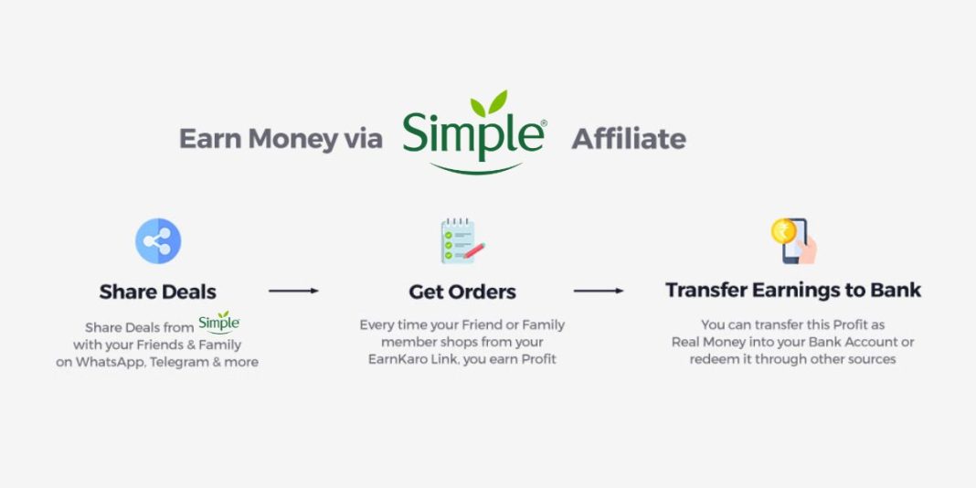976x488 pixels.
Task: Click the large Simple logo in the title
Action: tap(473, 134)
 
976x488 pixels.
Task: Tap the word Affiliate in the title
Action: tap(628, 139)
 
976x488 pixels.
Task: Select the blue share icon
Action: tap(158, 242)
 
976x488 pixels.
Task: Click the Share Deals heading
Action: tap(158, 292)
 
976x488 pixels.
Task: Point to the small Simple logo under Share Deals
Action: tap(218, 323)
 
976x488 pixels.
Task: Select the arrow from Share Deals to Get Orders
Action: tap(293, 291)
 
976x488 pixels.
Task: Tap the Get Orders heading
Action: tap(462, 292)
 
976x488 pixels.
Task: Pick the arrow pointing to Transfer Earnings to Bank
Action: tap(599, 291)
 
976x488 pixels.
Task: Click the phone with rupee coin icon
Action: tap(793, 240)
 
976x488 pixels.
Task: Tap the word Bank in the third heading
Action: tap(895, 291)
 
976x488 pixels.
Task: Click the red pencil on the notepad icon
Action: tap(473, 250)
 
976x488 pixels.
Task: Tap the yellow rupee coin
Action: tap(783, 231)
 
